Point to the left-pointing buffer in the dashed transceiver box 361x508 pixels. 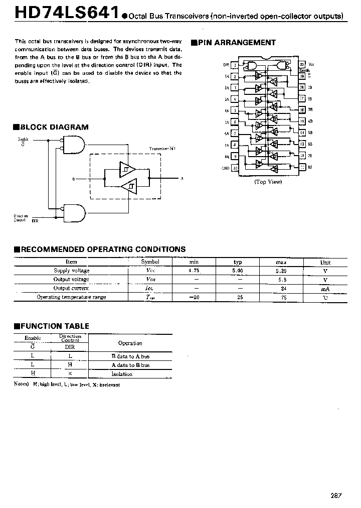pos(129,187)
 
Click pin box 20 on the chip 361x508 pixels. pos(302,65)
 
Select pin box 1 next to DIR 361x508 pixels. pos(235,65)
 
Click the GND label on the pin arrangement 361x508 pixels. pos(226,169)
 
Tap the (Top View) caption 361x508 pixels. pos(268,182)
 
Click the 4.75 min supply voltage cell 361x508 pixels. pos(194,271)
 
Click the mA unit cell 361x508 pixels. pos(325,288)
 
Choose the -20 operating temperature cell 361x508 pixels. pos(194,297)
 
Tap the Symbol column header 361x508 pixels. pos(150,262)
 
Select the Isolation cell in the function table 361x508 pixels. pos(122,373)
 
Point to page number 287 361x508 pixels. pos(336,495)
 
